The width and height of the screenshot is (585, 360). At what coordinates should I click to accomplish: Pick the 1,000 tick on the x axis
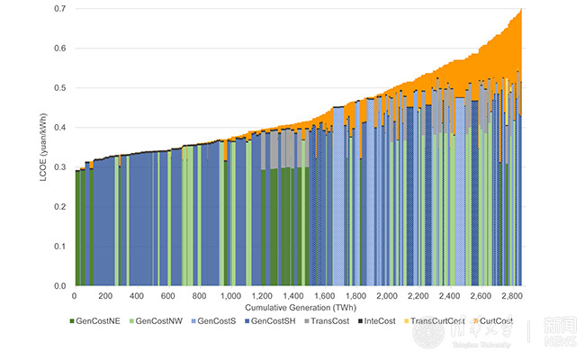[x=230, y=295]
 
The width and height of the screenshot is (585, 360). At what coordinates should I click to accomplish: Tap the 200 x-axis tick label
[x=105, y=295]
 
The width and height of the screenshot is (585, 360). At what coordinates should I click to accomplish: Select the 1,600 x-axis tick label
[x=324, y=295]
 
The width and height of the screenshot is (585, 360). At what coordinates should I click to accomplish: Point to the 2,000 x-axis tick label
[x=387, y=295]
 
